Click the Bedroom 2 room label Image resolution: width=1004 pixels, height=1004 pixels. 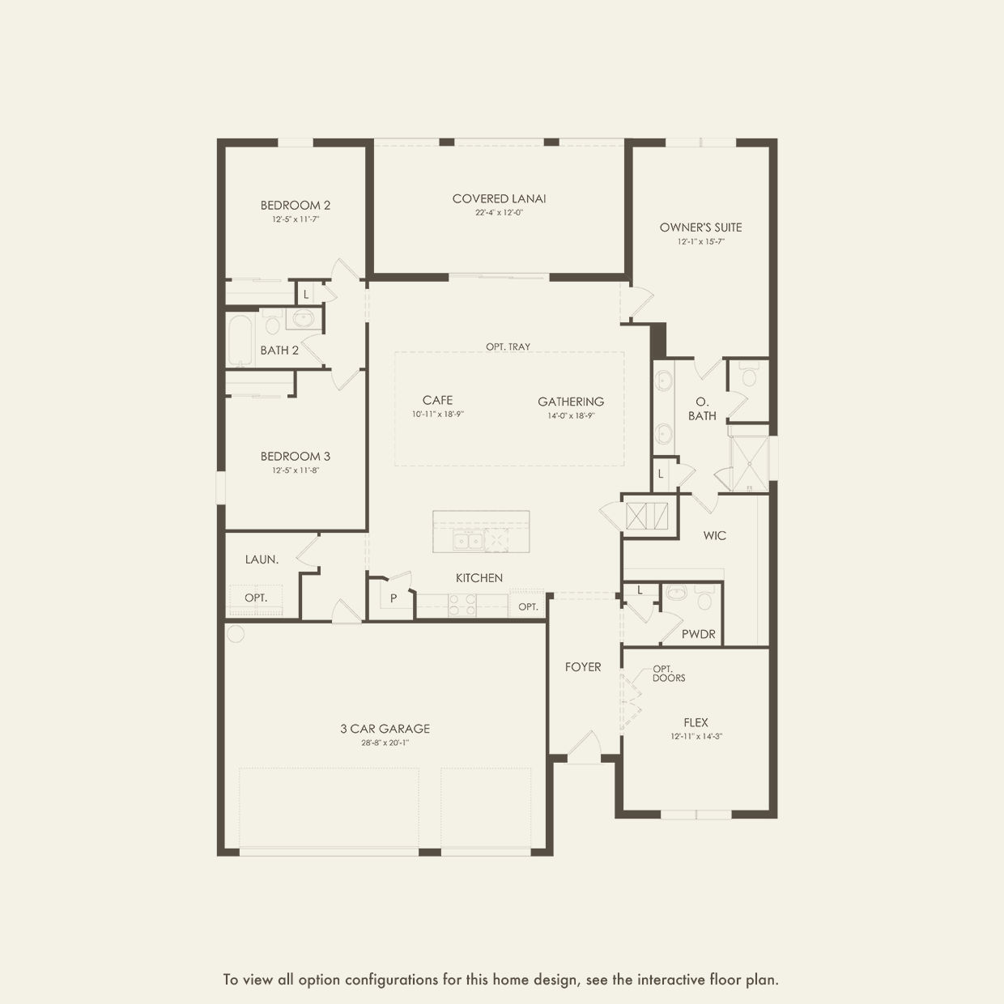(296, 206)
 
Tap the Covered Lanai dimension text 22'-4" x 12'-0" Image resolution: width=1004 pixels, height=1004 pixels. (499, 213)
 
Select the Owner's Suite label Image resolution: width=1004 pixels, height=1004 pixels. (700, 228)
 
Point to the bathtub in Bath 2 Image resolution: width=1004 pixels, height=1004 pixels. (240, 340)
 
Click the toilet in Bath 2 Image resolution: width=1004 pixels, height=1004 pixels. (272, 321)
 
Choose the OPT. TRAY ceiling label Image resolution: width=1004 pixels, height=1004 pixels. (508, 347)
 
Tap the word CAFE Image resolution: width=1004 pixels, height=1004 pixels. (438, 400)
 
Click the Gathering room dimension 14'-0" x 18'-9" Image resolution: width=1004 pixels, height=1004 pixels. (571, 416)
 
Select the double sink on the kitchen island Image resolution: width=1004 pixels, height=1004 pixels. (468, 541)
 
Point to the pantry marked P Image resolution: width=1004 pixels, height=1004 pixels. (394, 598)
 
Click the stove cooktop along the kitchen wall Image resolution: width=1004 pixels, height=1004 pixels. (462, 605)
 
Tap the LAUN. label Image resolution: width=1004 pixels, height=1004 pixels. (262, 559)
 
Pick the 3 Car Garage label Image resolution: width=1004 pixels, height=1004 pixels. (385, 729)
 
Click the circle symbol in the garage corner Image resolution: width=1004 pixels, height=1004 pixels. (236, 633)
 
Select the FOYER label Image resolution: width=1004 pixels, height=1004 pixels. (583, 667)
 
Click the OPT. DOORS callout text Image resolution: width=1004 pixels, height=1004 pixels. (669, 673)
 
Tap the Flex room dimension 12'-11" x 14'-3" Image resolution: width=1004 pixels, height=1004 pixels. (696, 736)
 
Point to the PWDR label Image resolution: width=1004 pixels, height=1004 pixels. (699, 634)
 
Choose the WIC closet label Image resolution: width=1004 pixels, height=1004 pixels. (714, 536)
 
